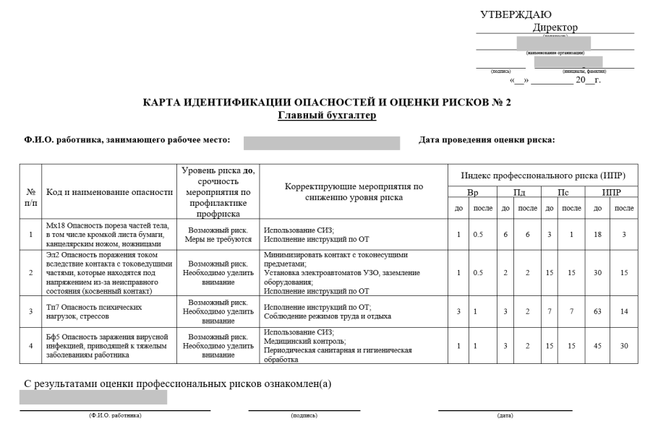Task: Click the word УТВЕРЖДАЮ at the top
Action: click(x=516, y=14)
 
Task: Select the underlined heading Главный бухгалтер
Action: click(x=328, y=116)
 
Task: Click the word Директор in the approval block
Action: click(x=555, y=27)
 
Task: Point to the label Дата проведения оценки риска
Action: click(x=487, y=139)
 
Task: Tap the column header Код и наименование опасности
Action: click(x=109, y=191)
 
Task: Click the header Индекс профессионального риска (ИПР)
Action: click(x=542, y=175)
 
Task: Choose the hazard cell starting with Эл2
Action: click(x=109, y=273)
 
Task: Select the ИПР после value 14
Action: click(x=624, y=311)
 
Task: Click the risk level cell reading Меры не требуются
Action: click(x=218, y=239)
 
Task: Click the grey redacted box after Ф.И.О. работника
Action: click(x=322, y=142)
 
